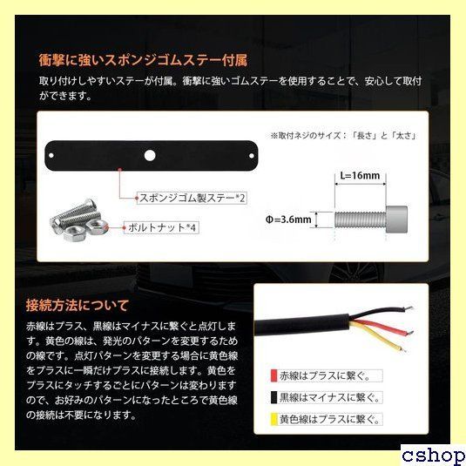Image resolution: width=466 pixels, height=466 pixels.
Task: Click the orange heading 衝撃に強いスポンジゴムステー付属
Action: [143, 60]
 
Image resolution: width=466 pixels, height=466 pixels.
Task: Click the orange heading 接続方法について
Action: [78, 305]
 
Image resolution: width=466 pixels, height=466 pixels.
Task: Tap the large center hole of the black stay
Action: [150, 155]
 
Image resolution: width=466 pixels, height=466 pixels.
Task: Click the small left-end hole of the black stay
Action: [51, 155]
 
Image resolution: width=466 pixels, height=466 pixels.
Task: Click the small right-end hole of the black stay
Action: [251, 155]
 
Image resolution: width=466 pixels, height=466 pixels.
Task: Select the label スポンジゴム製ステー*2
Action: [192, 198]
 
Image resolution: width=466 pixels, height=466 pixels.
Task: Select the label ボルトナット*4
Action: [162, 228]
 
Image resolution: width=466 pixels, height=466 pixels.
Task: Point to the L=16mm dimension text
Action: [360, 176]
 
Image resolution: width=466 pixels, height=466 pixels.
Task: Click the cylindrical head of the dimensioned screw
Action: [396, 219]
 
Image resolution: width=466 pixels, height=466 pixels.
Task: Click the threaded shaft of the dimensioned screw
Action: [361, 219]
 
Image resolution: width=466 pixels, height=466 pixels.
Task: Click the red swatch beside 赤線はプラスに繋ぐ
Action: [274, 376]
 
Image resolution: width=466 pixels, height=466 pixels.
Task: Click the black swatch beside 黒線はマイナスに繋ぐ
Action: [274, 398]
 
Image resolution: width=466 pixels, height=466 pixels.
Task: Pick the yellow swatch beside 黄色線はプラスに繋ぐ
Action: [274, 419]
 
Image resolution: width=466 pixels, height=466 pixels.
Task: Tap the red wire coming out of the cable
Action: [382, 327]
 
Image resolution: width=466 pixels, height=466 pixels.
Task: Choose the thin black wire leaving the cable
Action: [382, 311]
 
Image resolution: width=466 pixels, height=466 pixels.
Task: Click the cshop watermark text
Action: [434, 456]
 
